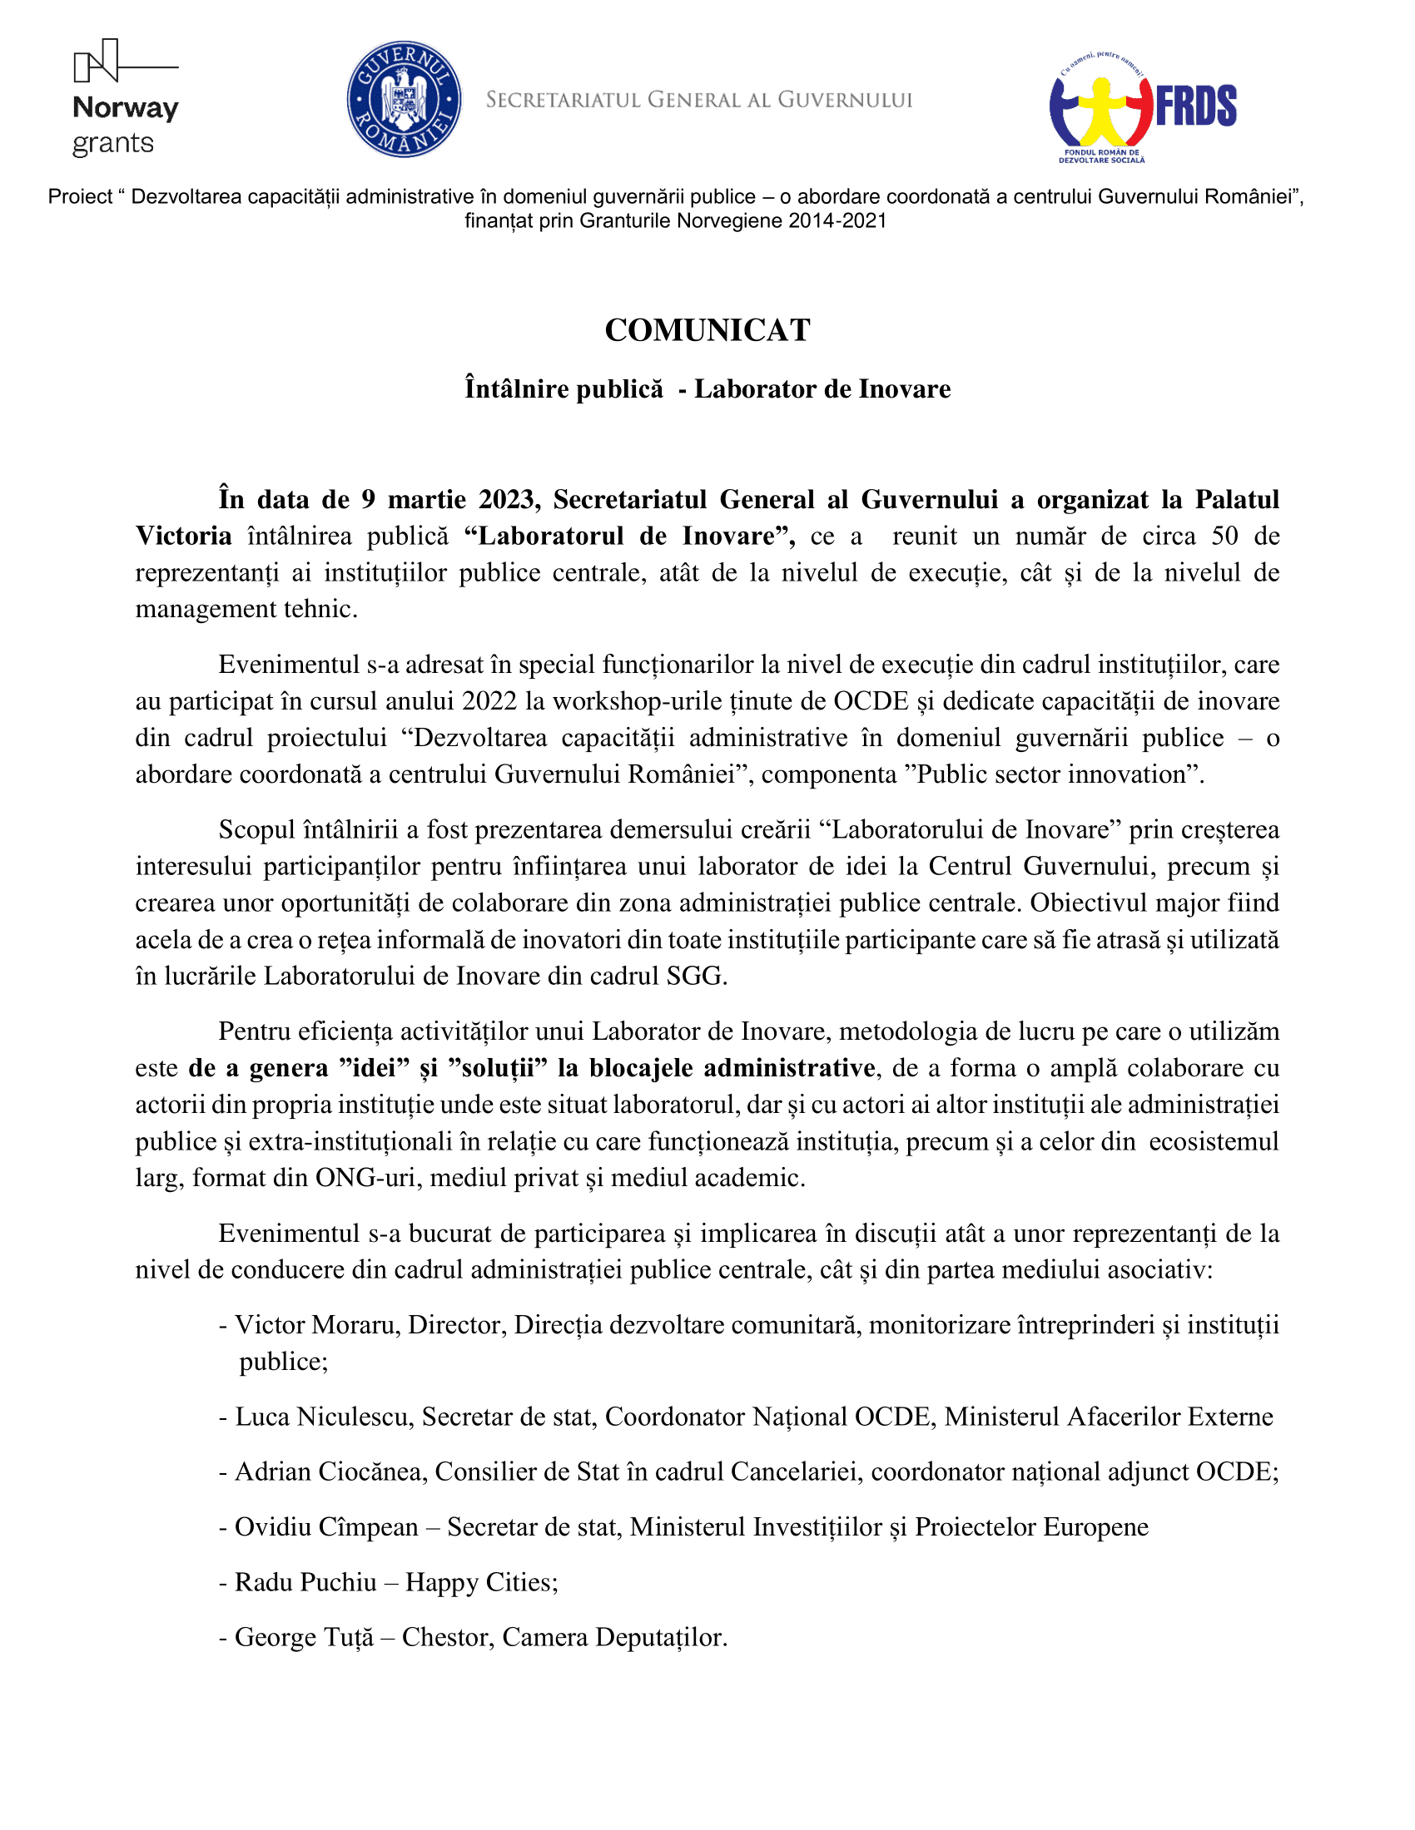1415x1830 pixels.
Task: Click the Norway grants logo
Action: [x=126, y=98]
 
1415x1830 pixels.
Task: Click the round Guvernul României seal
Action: [x=404, y=100]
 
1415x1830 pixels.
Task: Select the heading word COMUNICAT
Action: [x=707, y=330]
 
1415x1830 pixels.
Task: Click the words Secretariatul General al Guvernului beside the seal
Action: [x=698, y=101]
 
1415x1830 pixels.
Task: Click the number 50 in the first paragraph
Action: [x=1224, y=537]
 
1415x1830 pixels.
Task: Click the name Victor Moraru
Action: [x=315, y=1325]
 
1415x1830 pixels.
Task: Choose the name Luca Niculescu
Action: [x=322, y=1417]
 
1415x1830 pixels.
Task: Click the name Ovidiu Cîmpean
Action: [x=326, y=1527]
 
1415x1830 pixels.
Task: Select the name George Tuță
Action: [x=304, y=1637]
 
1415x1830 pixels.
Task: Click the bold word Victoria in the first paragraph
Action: [x=184, y=537]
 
